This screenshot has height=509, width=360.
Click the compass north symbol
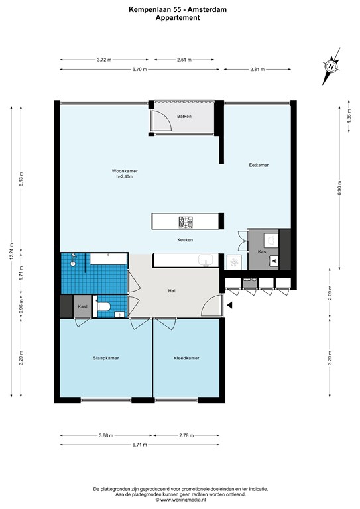tap(331, 66)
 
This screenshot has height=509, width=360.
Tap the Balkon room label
tap(184, 116)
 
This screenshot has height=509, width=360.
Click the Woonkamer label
tap(125, 171)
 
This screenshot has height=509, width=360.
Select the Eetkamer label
tap(259, 165)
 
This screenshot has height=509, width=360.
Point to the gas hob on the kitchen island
tap(186, 222)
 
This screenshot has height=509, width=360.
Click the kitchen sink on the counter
tap(206, 260)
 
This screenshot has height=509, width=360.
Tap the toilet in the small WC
tap(105, 306)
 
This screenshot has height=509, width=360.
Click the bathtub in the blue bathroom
tap(108, 259)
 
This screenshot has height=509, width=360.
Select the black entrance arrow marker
tap(229, 305)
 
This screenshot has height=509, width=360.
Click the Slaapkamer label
tap(106, 358)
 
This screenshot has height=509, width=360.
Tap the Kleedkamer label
tap(186, 358)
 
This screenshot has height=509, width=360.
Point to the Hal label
tap(172, 291)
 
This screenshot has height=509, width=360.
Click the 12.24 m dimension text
tap(11, 251)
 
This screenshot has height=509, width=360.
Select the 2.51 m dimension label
tap(184, 60)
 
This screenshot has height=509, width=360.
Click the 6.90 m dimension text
tap(339, 188)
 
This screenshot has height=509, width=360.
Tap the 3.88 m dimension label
tap(106, 435)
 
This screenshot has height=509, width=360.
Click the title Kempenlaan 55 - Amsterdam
tap(178, 10)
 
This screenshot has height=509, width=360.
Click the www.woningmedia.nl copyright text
tap(180, 500)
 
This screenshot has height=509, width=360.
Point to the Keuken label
tap(185, 240)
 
